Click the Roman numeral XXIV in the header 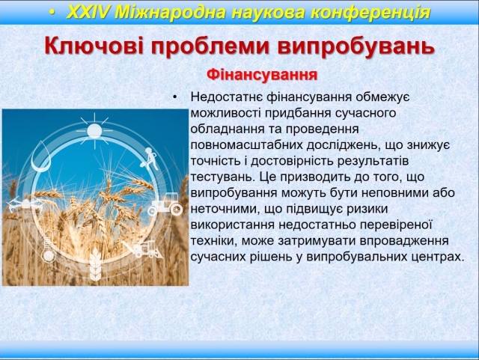[88, 13]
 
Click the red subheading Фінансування [262, 75]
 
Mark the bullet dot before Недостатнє [174, 97]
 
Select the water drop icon [41, 156]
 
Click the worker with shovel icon [149, 159]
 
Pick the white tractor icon [166, 204]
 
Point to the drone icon [25, 204]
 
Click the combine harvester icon [143, 248]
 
